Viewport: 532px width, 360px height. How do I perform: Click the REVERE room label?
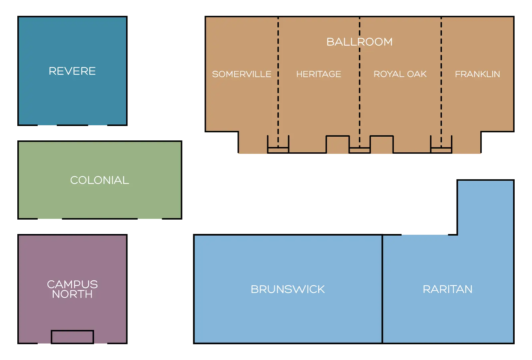click(72, 71)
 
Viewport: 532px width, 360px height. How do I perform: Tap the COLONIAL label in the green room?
click(99, 180)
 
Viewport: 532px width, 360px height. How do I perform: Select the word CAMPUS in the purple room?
click(72, 284)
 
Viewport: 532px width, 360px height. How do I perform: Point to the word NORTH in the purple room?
click(72, 294)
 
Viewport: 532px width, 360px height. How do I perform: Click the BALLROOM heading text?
click(359, 42)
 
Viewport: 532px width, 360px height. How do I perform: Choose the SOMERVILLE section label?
click(241, 74)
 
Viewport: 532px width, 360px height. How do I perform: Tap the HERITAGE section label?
click(319, 74)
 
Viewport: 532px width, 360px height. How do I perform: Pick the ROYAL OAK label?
click(400, 74)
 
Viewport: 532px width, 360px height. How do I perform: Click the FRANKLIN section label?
click(477, 74)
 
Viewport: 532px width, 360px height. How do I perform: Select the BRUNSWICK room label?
click(288, 289)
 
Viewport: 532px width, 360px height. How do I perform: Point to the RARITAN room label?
click(448, 289)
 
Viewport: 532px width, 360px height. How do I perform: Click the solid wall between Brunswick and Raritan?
click(382, 289)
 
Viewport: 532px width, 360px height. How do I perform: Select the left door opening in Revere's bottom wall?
click(47, 125)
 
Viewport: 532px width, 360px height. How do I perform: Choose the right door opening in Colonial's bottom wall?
click(150, 219)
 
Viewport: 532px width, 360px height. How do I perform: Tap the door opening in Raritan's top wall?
click(425, 235)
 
